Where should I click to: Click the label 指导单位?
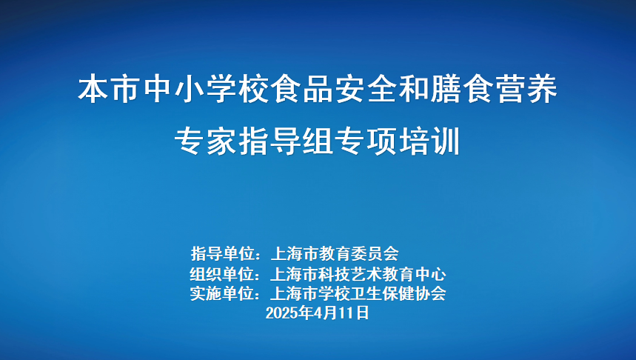pyautogui.click(x=223, y=253)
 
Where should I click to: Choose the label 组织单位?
pyautogui.click(x=222, y=274)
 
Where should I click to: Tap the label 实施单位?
pyautogui.click(x=222, y=293)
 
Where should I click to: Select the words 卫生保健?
pyautogui.click(x=382, y=293)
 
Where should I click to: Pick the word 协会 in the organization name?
pyautogui.click(x=430, y=293)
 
